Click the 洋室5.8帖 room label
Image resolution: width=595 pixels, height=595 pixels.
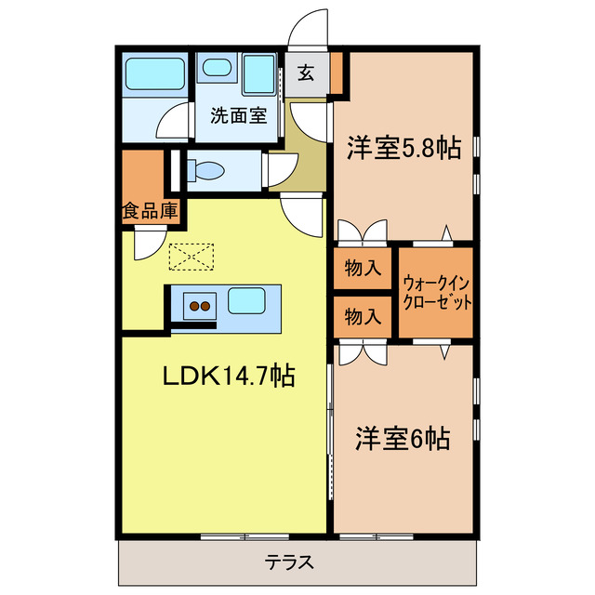[403, 149]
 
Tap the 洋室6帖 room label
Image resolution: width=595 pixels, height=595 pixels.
[403, 438]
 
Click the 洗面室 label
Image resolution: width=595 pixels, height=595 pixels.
[237, 116]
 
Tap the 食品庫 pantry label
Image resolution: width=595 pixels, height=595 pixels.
[149, 211]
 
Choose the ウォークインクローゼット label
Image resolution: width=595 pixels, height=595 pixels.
[437, 293]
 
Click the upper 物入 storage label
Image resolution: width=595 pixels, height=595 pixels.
[363, 269]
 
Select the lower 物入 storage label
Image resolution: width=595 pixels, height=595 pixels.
[363, 316]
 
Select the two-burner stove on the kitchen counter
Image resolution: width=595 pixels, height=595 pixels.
[199, 303]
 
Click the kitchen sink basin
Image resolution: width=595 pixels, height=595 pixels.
[247, 300]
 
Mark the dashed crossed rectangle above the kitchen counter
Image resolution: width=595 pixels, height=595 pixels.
[192, 254]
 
